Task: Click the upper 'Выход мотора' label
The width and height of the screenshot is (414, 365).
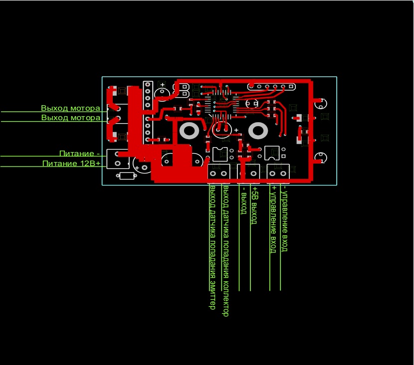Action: (x=70, y=108)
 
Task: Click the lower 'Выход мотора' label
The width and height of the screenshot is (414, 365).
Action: (x=70, y=118)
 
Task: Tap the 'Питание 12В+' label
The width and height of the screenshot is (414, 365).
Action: (x=71, y=163)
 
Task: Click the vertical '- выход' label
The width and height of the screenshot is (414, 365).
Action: (x=243, y=201)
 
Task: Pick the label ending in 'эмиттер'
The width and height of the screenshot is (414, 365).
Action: (x=212, y=247)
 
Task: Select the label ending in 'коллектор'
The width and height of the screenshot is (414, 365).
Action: (x=225, y=251)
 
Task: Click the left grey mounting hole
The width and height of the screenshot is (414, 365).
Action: (x=190, y=131)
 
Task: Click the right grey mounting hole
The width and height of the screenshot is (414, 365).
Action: (x=258, y=131)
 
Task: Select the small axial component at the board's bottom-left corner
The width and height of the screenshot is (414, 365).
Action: (x=127, y=176)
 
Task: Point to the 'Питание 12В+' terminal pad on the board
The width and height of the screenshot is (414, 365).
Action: (x=118, y=163)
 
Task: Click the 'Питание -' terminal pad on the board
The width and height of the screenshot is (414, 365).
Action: (x=118, y=154)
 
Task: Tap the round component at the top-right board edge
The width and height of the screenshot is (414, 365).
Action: (x=320, y=104)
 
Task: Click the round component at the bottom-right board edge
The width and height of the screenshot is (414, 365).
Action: (x=320, y=158)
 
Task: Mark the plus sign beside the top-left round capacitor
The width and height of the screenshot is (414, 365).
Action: (x=163, y=85)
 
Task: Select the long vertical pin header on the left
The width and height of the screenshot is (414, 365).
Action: (x=148, y=112)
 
